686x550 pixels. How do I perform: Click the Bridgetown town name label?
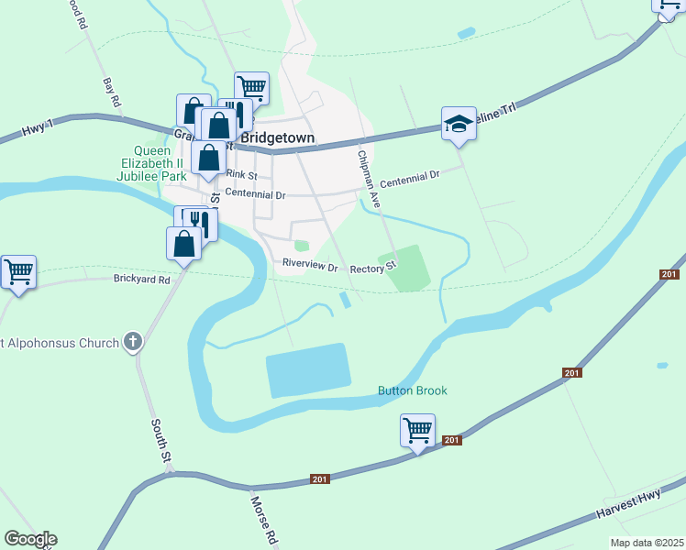point(277,137)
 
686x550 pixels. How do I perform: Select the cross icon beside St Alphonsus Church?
point(133,343)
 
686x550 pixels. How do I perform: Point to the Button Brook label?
point(413,390)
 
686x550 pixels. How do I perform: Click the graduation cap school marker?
point(459,124)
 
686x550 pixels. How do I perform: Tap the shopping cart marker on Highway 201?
point(417,429)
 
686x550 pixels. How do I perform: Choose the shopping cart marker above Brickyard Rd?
point(18,271)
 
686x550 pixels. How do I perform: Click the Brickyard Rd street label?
point(142,279)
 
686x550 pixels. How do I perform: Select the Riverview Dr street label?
point(311,265)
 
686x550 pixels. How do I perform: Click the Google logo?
point(30,539)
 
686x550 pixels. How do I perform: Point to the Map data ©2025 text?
point(646,543)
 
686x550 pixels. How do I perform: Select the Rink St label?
point(239,174)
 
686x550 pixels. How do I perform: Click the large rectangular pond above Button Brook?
point(308,370)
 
